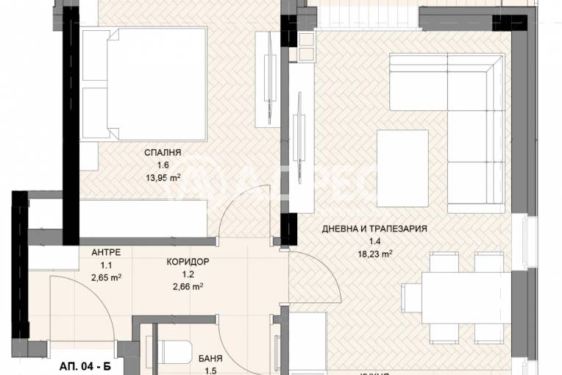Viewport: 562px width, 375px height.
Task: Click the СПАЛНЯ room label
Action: [x=164, y=152]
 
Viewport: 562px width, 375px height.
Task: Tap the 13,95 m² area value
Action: [x=164, y=176]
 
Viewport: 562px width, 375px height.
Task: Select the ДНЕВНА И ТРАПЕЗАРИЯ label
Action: [x=374, y=229]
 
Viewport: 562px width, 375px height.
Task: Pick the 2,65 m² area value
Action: [x=106, y=276]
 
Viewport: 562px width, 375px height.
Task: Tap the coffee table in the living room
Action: [x=402, y=168]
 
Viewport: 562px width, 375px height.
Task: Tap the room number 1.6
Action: [x=164, y=165]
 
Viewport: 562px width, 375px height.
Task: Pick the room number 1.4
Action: [x=374, y=240]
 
